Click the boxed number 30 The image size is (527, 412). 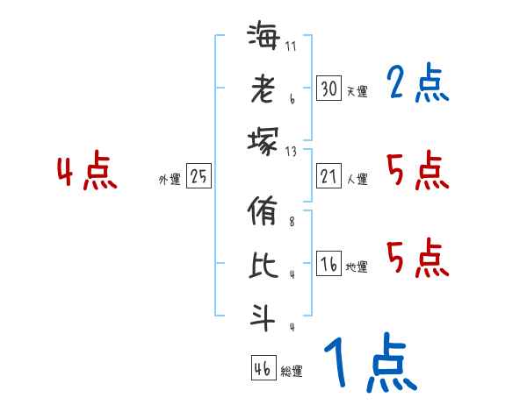click(x=328, y=89)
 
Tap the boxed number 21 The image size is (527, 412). click(x=328, y=176)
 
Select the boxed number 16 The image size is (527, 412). click(x=328, y=265)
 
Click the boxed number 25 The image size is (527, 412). click(x=199, y=176)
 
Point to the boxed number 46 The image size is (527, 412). click(x=262, y=369)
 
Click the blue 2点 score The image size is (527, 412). click(x=416, y=84)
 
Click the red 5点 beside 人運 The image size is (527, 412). click(x=416, y=170)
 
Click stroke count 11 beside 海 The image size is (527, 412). click(x=291, y=46)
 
